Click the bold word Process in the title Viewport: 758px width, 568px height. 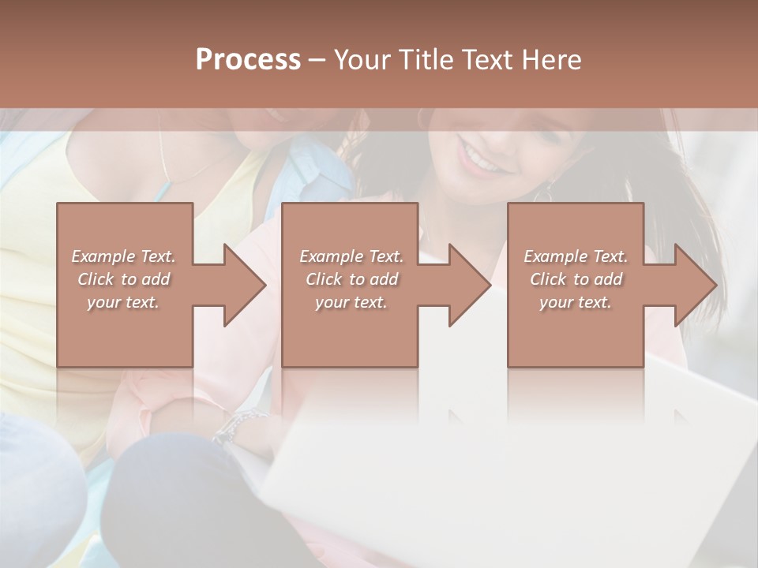point(248,59)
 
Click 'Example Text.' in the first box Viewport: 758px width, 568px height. point(123,256)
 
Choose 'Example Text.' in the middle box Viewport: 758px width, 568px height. point(351,256)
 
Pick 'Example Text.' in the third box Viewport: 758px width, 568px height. point(576,256)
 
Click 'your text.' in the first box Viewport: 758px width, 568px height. point(123,302)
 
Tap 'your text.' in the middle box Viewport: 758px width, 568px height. point(351,302)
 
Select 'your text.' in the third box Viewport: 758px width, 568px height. point(576,302)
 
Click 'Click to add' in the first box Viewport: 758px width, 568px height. point(123,279)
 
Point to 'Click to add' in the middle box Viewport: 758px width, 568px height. point(351,279)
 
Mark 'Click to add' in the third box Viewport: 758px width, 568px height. point(576,279)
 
